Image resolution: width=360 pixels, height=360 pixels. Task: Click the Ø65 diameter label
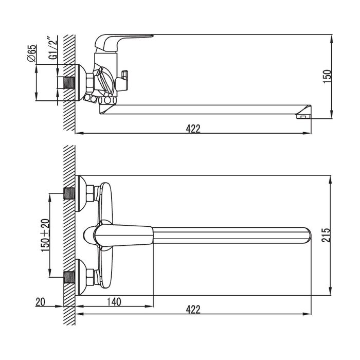32,53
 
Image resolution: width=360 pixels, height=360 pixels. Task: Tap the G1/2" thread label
53,48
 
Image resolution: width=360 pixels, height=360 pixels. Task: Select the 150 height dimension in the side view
328,77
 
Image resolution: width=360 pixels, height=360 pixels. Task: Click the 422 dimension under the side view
193,129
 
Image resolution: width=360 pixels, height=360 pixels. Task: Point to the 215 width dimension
326,235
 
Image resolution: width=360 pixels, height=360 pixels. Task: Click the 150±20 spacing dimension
45,236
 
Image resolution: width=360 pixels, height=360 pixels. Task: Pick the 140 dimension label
114,302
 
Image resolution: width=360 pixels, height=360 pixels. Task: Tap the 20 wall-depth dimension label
41,302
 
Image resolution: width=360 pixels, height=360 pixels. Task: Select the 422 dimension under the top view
193,310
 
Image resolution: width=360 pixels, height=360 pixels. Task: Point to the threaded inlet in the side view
69,83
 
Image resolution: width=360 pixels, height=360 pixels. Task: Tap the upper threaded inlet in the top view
69,193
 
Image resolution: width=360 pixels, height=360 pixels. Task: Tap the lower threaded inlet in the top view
69,277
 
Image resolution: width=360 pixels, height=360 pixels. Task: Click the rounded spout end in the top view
307,236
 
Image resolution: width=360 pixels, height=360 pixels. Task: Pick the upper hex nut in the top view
90,193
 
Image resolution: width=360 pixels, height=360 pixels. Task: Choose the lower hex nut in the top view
90,277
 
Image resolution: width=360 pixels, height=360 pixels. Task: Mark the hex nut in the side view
90,83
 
